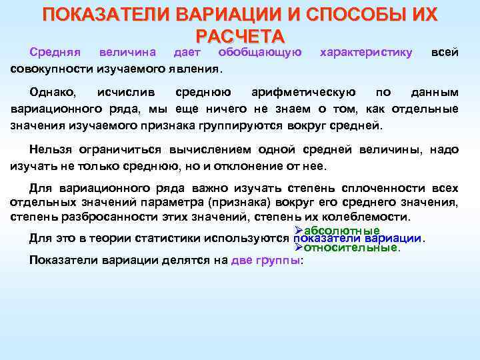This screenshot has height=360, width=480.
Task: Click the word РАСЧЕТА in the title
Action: coord(240,35)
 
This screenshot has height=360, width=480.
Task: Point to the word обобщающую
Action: coord(259,52)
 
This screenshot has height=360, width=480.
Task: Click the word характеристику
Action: coord(366,52)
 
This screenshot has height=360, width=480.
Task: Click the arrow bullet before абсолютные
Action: coord(298,231)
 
